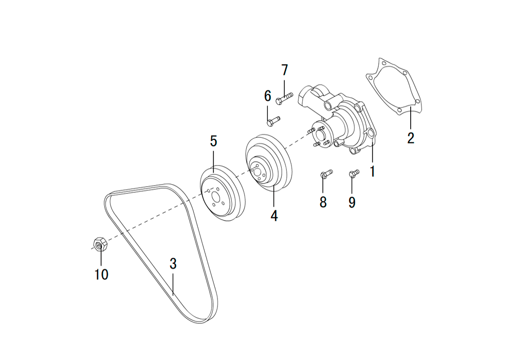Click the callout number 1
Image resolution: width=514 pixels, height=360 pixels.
(372, 171)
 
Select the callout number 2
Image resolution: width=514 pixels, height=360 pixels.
(411, 138)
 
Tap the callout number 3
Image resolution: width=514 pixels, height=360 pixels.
(173, 264)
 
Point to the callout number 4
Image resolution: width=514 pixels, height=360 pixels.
(274, 215)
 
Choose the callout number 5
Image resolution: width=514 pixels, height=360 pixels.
(213, 141)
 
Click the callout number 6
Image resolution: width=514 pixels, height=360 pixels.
(268, 96)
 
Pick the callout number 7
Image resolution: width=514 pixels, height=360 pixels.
(285, 70)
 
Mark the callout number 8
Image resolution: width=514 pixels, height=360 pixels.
(323, 202)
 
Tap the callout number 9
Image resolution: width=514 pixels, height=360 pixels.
(352, 202)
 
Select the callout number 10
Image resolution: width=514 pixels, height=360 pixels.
(101, 275)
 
